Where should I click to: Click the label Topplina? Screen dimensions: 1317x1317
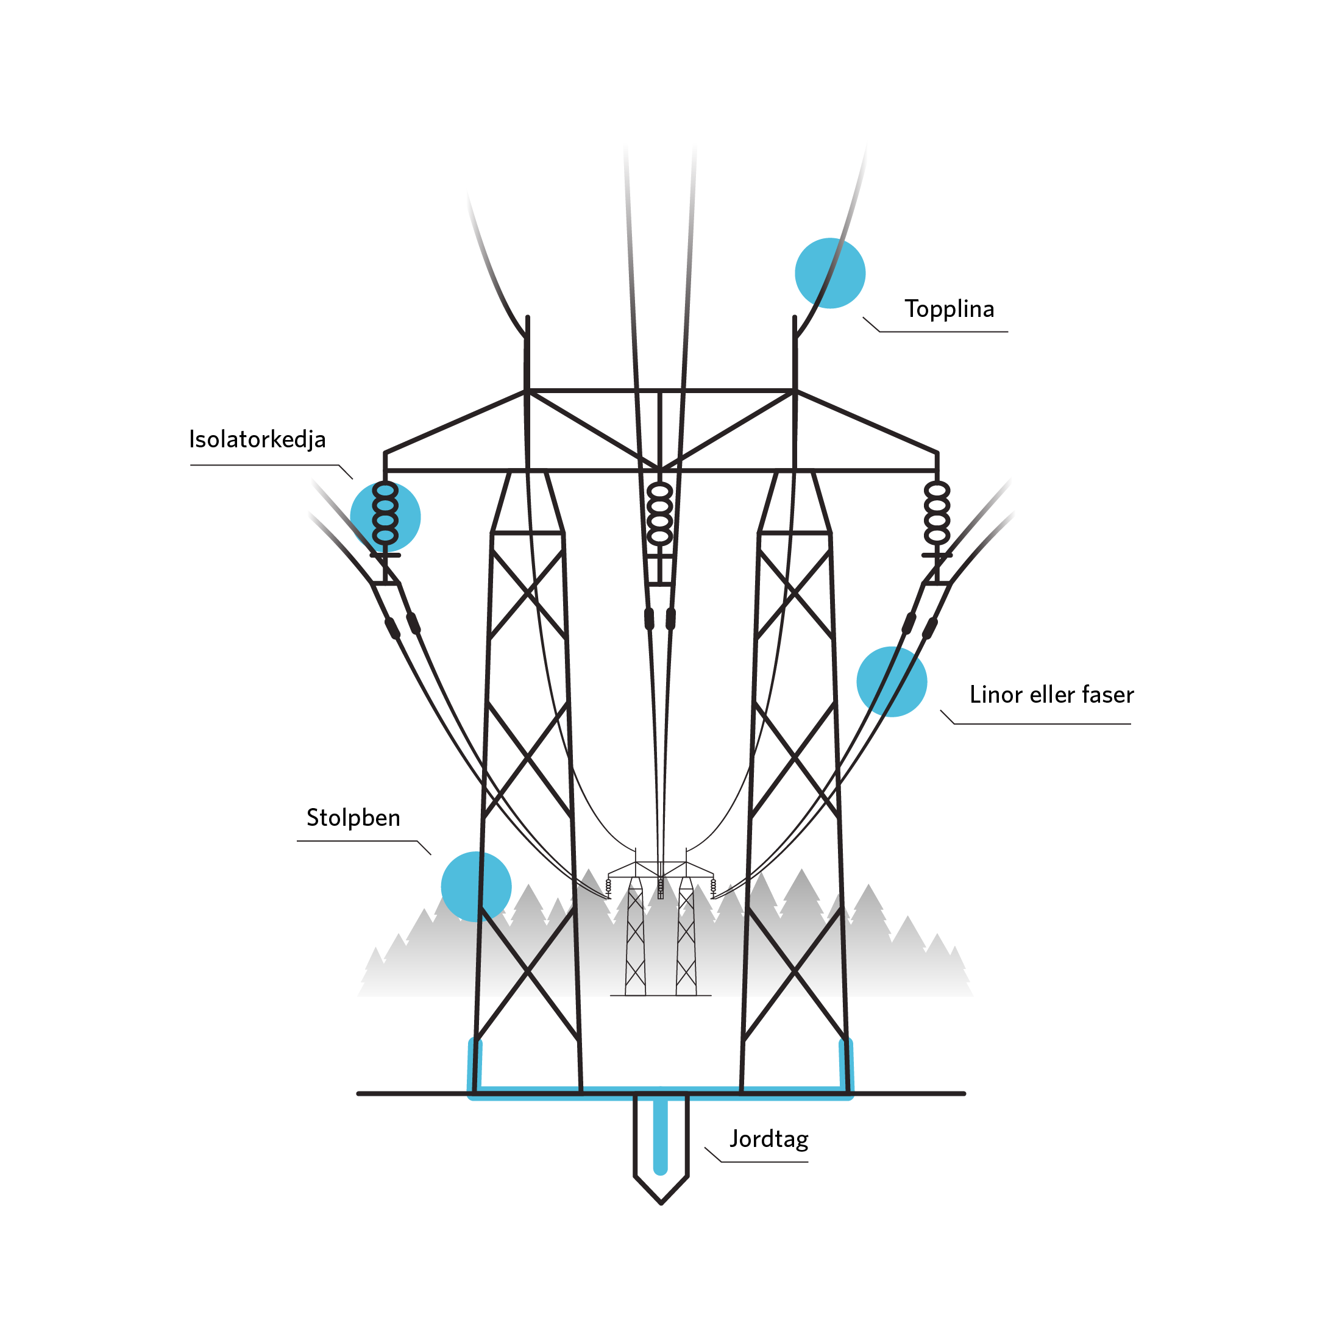tap(949, 310)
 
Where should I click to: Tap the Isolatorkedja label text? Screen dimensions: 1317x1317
tap(257, 439)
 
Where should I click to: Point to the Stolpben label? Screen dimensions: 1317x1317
tap(353, 817)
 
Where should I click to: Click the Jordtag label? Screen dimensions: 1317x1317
tap(769, 1138)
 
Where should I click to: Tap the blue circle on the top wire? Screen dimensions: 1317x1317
tap(829, 272)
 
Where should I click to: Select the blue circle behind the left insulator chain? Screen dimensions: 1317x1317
tap(385, 516)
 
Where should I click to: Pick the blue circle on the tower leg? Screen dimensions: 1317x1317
tap(476, 886)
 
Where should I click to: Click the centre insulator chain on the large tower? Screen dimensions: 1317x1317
tap(659, 513)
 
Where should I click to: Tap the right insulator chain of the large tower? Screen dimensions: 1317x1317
tap(937, 513)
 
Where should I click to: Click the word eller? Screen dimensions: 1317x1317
tap(1053, 695)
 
